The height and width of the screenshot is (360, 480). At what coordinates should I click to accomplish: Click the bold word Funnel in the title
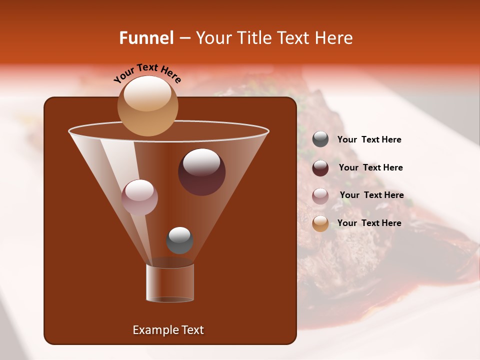(146, 38)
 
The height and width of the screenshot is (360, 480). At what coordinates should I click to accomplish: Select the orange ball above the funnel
(147, 106)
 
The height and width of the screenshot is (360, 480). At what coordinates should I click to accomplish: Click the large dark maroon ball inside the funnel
(202, 172)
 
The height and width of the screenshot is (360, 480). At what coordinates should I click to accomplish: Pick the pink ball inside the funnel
(139, 197)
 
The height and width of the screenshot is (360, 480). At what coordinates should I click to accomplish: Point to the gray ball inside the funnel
(179, 240)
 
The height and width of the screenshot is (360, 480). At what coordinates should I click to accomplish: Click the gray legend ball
(320, 139)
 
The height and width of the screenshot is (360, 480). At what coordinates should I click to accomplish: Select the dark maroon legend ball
(320, 167)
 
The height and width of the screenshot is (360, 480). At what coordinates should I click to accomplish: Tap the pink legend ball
(320, 195)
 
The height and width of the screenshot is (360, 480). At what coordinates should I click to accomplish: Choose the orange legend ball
(320, 223)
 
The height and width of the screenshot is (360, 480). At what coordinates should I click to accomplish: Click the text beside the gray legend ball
(369, 140)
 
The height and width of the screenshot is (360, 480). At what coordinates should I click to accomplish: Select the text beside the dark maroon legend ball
(370, 167)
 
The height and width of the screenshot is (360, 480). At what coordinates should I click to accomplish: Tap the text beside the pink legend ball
(371, 195)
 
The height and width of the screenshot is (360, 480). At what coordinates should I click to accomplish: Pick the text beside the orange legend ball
(369, 223)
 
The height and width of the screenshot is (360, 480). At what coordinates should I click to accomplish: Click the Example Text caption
(168, 330)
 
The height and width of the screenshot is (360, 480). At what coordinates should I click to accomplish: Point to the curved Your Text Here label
(147, 72)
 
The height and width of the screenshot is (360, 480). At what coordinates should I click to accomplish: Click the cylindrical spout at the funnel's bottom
(170, 283)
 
